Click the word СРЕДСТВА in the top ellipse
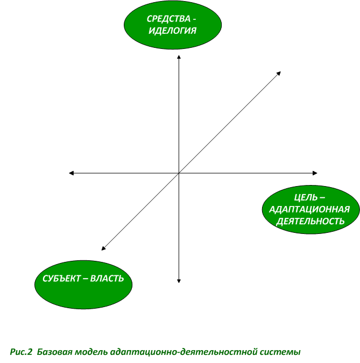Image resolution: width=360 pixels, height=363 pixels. click(168, 19)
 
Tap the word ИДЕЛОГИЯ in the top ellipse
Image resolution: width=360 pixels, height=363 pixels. click(172, 31)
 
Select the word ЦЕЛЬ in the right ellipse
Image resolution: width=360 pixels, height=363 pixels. click(306, 197)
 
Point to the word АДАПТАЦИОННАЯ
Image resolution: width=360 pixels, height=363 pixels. click(309, 209)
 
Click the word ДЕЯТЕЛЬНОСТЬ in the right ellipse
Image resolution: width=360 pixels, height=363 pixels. click(310, 221)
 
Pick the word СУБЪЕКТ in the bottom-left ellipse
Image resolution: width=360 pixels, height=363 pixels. click(61, 278)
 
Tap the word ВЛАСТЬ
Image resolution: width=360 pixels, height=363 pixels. click(107, 278)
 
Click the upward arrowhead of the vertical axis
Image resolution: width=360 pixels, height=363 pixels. click(179, 56)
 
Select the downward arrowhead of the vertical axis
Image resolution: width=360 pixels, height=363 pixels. click(179, 281)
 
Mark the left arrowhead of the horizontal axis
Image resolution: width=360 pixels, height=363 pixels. click(72, 173)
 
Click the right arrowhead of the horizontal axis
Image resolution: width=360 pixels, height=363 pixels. click(315, 173)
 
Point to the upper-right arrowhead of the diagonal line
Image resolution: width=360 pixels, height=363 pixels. click(279, 73)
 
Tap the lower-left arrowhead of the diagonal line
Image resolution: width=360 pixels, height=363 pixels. click(103, 248)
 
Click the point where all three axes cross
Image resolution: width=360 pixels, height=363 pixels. click(179, 173)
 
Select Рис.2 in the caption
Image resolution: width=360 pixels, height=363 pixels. click(21, 352)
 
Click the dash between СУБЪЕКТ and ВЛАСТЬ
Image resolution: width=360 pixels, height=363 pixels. click(85, 279)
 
